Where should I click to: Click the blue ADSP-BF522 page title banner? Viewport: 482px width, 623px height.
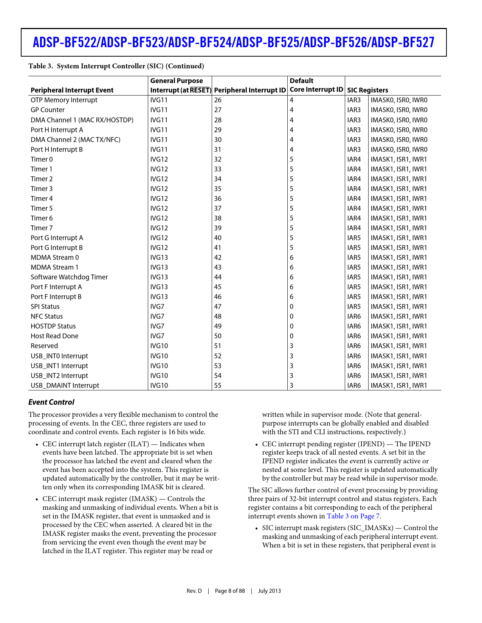(x=234, y=42)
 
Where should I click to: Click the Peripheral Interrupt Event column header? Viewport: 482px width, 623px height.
(x=72, y=90)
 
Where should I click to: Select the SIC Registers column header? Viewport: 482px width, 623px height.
(x=367, y=90)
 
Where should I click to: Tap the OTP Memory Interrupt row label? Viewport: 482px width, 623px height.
(x=64, y=100)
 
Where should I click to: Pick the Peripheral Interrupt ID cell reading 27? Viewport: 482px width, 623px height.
(x=218, y=110)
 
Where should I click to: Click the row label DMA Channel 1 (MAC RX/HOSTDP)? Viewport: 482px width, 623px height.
(x=82, y=120)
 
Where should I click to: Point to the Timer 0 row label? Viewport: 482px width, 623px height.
(x=42, y=159)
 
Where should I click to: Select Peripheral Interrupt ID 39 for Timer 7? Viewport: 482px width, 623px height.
(x=218, y=228)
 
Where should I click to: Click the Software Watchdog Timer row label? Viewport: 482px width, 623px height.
(x=69, y=277)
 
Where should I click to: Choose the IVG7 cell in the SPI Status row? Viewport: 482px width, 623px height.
(x=157, y=307)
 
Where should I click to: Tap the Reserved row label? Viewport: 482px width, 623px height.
(x=44, y=346)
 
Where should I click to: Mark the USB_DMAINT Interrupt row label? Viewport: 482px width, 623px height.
(x=65, y=386)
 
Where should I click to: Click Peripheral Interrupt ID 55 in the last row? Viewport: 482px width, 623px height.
(x=218, y=386)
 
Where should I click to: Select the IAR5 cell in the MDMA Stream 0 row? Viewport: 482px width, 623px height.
(x=354, y=258)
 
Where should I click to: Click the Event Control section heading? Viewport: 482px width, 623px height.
(x=51, y=402)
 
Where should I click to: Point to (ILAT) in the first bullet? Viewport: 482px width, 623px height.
(x=138, y=444)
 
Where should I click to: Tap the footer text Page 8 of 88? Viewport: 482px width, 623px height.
(x=230, y=591)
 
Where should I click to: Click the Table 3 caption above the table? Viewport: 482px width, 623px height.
(x=116, y=66)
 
